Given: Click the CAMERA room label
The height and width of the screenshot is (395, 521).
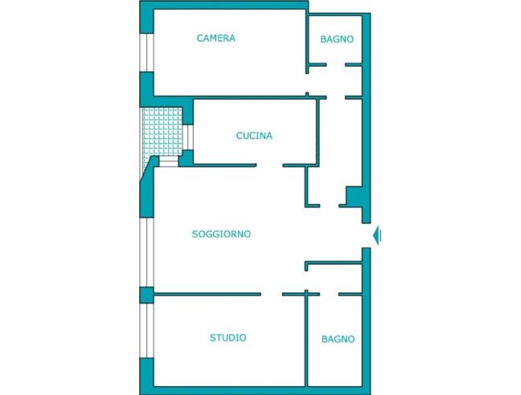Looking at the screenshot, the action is [216, 39].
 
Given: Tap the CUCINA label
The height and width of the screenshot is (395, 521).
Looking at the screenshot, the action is [254, 136].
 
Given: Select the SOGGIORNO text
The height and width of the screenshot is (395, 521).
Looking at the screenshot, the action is [221, 234].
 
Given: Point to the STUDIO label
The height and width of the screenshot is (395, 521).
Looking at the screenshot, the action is [228, 338].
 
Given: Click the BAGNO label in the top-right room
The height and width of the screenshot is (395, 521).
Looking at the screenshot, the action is [337, 39].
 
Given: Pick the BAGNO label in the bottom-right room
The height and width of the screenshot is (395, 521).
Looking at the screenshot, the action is [338, 339].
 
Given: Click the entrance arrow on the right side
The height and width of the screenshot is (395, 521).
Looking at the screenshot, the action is [377, 235].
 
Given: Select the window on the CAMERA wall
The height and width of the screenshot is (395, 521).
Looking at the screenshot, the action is [146, 52].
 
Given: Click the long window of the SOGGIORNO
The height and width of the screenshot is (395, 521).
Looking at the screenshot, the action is [146, 252].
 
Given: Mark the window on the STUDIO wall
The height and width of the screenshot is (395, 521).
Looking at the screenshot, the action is [146, 331].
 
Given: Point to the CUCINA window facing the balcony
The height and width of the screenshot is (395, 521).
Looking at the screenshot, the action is [188, 137].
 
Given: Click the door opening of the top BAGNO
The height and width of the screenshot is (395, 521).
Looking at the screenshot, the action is [335, 65].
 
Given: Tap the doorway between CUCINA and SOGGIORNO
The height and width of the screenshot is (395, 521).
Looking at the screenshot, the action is [269, 165].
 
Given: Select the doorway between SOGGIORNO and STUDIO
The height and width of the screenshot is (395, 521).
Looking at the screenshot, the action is [272, 294].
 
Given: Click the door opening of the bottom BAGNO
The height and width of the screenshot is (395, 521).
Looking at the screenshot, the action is [330, 294].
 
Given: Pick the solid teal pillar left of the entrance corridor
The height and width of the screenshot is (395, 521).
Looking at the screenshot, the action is [355, 197].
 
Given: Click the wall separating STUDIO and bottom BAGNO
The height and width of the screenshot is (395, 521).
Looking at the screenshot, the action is [306, 340].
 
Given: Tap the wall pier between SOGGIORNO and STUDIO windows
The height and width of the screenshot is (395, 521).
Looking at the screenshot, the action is [146, 295].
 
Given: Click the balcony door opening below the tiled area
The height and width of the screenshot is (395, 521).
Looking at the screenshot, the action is [169, 161].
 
